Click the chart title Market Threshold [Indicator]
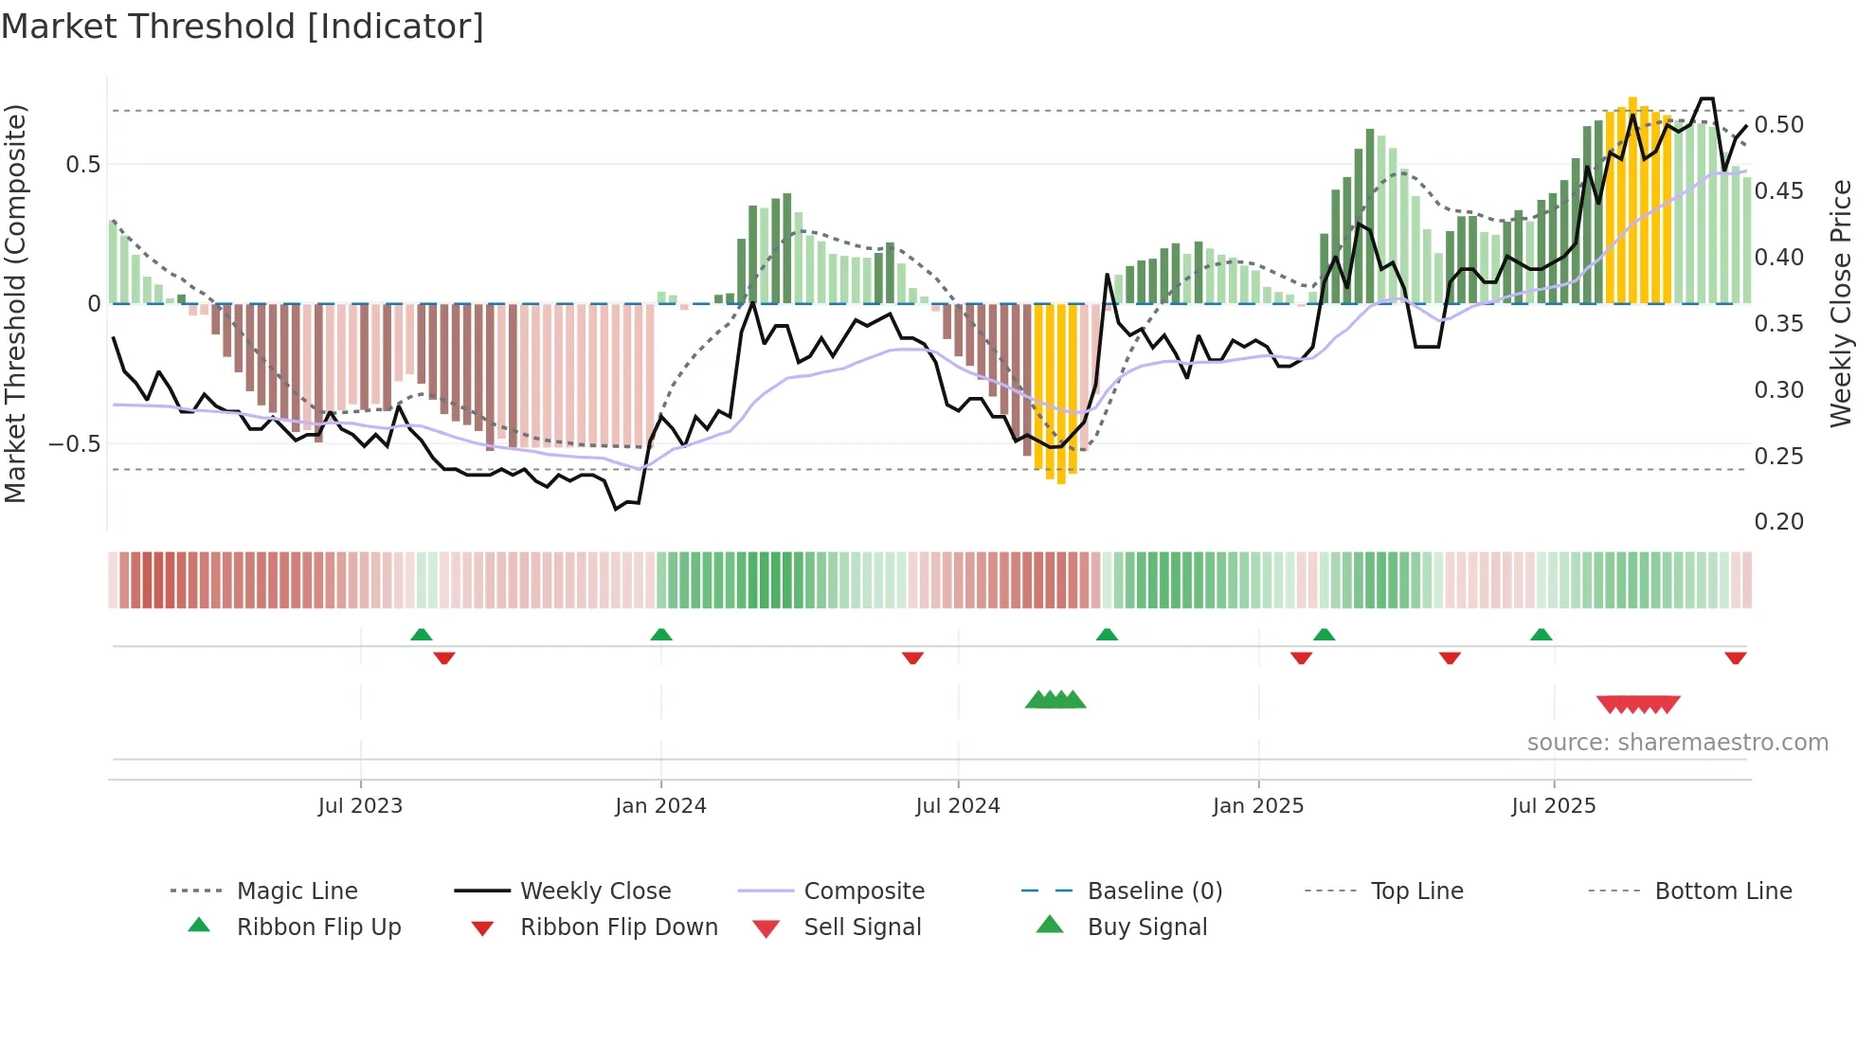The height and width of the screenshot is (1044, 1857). (x=243, y=27)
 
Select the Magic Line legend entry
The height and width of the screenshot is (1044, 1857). (x=297, y=891)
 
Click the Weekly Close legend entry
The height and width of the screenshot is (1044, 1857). (x=595, y=891)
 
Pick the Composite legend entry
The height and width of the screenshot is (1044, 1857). (x=863, y=891)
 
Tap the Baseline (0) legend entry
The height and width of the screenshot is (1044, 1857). (x=1154, y=891)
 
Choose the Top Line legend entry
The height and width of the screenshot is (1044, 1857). (x=1416, y=891)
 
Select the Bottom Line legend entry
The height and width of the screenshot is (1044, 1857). (x=1722, y=891)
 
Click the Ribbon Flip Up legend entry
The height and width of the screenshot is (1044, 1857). (x=318, y=927)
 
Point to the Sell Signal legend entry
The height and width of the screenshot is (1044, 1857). (x=861, y=927)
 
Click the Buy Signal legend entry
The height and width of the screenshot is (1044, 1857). (x=1146, y=927)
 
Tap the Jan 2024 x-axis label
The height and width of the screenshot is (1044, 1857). (x=660, y=806)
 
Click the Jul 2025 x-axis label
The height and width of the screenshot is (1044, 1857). (x=1553, y=806)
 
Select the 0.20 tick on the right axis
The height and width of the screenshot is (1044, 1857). (x=1778, y=522)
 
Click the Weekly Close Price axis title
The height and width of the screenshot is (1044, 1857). (x=1840, y=303)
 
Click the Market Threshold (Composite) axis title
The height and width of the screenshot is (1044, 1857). (x=15, y=303)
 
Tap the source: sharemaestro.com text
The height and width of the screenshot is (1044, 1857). (x=1677, y=743)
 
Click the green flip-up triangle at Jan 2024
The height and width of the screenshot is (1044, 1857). (x=661, y=635)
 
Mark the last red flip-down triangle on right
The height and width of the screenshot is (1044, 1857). (x=1735, y=658)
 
